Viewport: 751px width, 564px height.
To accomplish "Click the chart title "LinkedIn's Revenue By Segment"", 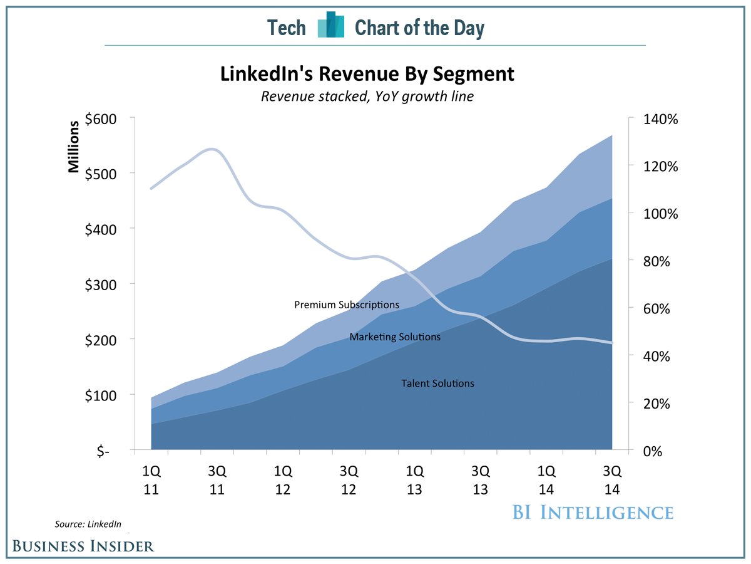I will pyautogui.click(x=367, y=75).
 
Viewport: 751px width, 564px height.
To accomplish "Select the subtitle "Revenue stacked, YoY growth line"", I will pyautogui.click(x=367, y=97).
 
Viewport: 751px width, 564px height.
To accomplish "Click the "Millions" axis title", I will pyautogui.click(x=74, y=146).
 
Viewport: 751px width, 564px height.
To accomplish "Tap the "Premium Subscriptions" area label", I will pyautogui.click(x=347, y=305).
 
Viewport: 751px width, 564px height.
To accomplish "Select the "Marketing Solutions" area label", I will pyautogui.click(x=395, y=337).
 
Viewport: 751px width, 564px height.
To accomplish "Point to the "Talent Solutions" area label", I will pyautogui.click(x=437, y=384).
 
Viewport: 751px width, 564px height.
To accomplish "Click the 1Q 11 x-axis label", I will pyautogui.click(x=151, y=479).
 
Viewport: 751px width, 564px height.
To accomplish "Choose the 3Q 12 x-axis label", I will pyautogui.click(x=349, y=479).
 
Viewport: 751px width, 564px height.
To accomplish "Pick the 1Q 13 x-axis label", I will pyautogui.click(x=414, y=479).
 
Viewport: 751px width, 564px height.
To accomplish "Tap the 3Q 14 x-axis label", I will pyautogui.click(x=611, y=479).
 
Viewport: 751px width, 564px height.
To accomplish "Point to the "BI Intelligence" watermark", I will pyautogui.click(x=592, y=512).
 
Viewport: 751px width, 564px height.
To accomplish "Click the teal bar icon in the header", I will pyautogui.click(x=330, y=25).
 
